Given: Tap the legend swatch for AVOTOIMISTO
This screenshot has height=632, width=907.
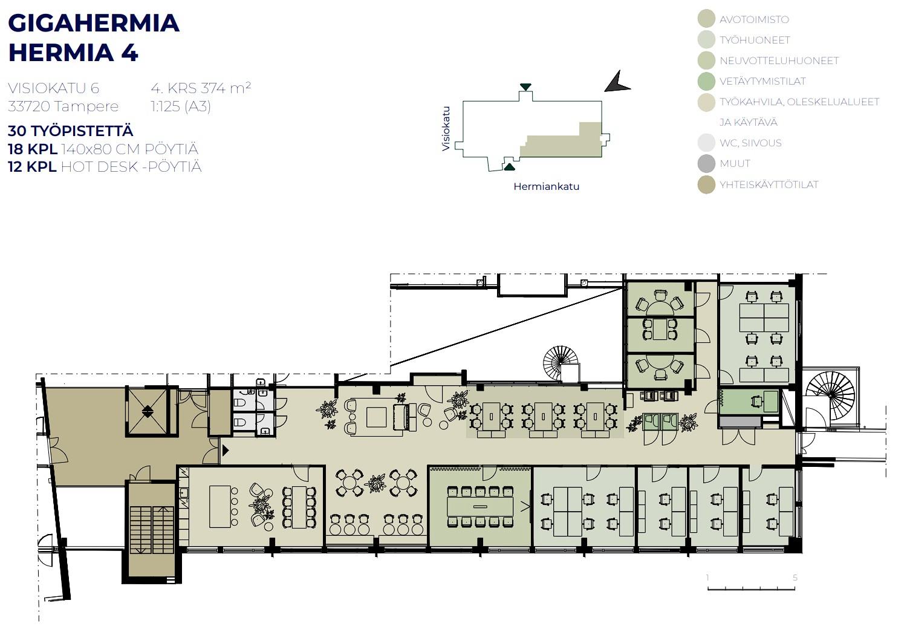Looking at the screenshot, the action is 706,19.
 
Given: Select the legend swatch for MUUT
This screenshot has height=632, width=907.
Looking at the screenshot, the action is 706,163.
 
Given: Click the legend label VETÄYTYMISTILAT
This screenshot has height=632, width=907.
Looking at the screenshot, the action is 762,82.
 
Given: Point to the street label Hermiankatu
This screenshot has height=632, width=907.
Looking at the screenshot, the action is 546,187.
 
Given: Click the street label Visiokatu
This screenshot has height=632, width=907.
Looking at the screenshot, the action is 446,129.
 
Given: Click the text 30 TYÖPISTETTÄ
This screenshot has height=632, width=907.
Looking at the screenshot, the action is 71,131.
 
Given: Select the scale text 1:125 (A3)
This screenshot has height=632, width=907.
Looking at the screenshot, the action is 181,106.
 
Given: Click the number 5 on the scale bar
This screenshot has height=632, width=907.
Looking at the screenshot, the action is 795,578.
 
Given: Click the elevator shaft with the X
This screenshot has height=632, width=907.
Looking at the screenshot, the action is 148,412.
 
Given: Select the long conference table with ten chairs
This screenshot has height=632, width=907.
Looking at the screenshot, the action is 480,506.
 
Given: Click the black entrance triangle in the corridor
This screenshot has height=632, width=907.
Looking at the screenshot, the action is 226,450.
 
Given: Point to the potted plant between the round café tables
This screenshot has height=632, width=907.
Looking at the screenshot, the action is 375,483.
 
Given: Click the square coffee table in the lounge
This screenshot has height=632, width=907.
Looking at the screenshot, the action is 376,417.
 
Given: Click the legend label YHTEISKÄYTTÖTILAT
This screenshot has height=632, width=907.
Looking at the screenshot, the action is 769,184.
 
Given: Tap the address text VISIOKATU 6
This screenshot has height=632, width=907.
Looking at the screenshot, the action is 53,88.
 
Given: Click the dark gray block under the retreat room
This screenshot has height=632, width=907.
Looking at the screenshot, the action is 740,422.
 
